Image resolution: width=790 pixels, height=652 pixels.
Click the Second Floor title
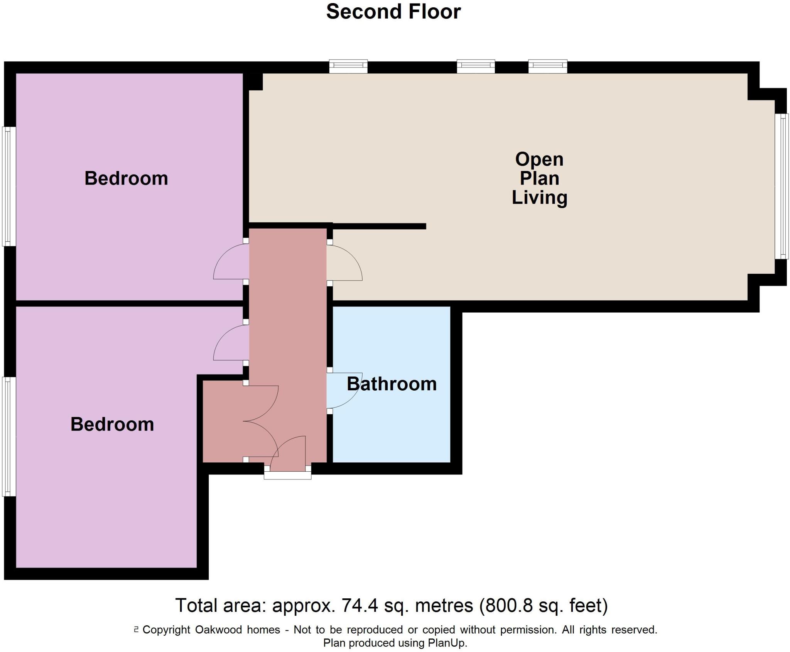click(x=393, y=12)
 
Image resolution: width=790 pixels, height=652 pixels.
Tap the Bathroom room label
click(x=392, y=384)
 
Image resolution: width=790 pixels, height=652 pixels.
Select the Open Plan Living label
click(x=539, y=178)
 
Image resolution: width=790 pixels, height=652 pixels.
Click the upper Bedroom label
click(x=126, y=178)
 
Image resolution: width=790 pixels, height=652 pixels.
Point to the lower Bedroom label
click(x=112, y=424)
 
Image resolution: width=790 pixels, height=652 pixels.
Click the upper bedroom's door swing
click(x=230, y=262)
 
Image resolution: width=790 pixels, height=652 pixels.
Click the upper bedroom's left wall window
click(x=9, y=186)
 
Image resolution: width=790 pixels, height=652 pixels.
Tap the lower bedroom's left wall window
click(x=9, y=436)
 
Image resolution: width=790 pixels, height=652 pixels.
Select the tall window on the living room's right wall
click(x=782, y=186)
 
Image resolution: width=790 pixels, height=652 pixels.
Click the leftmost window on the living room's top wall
click(x=348, y=66)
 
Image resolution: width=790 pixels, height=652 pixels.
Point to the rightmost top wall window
click(x=548, y=66)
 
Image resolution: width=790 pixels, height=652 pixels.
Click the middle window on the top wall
click(x=476, y=66)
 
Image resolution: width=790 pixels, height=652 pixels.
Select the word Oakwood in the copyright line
click(x=218, y=630)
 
